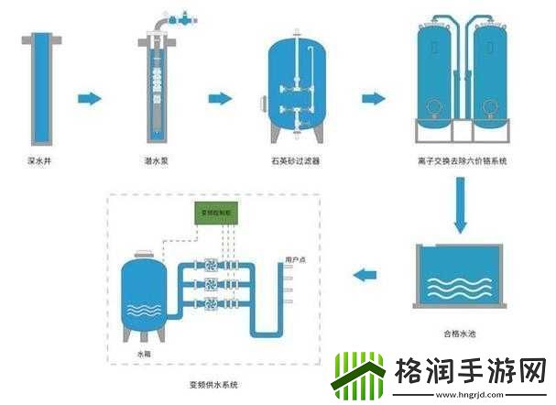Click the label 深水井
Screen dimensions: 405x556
(x=38, y=161)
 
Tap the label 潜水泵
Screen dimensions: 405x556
(x=155, y=161)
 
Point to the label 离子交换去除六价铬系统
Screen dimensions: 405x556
(x=462, y=161)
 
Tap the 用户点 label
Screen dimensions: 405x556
(x=295, y=258)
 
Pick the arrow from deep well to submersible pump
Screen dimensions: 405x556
(x=88, y=98)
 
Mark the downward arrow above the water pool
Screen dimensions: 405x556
(x=462, y=205)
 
